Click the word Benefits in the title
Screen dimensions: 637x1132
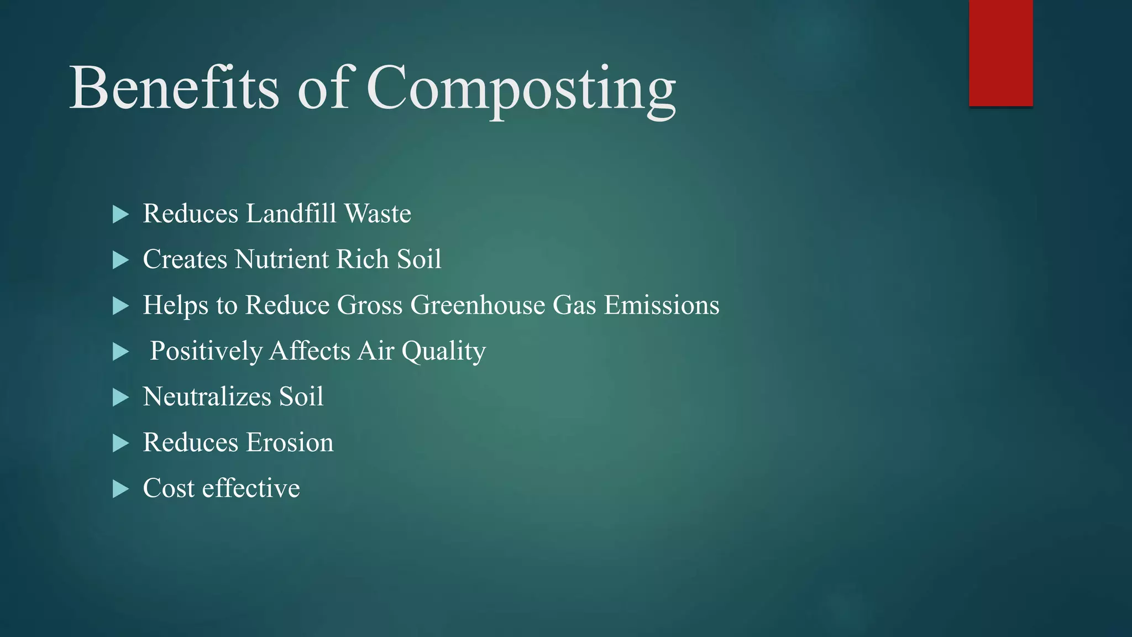(174, 88)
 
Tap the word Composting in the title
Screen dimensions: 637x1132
(521, 88)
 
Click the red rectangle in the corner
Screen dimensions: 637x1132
(1000, 53)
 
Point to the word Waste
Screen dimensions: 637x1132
(378, 214)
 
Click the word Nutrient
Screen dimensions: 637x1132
(282, 259)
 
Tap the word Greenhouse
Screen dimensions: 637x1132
(478, 305)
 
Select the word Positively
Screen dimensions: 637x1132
(206, 352)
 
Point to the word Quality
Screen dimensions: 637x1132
(444, 352)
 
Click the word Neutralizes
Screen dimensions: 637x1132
(207, 397)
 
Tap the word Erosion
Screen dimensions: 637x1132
(290, 443)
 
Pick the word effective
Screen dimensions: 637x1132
(251, 488)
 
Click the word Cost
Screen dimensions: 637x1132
(169, 488)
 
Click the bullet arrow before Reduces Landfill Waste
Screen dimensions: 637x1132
(120, 215)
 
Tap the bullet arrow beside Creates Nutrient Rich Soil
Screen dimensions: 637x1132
(120, 260)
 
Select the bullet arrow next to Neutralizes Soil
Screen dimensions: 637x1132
(120, 398)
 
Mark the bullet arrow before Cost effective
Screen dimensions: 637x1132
(120, 489)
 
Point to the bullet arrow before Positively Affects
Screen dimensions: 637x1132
(120, 352)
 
